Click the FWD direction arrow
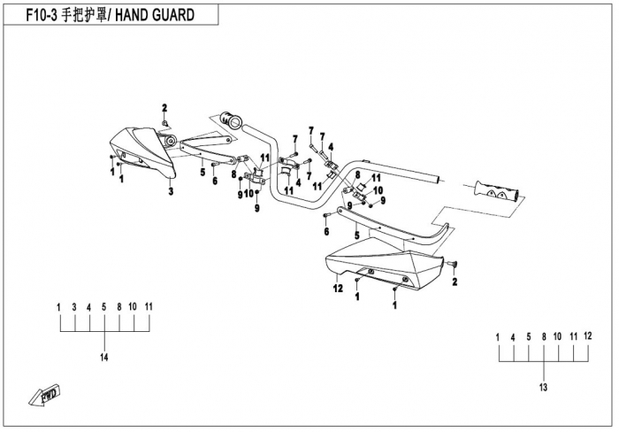pyautogui.click(x=45, y=396)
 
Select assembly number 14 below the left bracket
pyautogui.click(x=104, y=357)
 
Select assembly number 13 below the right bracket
pyautogui.click(x=543, y=388)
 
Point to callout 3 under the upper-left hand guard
pyautogui.click(x=171, y=191)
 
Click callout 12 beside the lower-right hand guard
pyautogui.click(x=338, y=287)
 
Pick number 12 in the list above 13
pyautogui.click(x=588, y=337)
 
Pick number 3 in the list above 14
pyautogui.click(x=74, y=306)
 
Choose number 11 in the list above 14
pyautogui.click(x=149, y=306)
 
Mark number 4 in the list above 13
pyautogui.click(x=514, y=337)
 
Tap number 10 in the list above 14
pyautogui.click(x=133, y=306)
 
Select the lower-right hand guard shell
pyautogui.click(x=389, y=266)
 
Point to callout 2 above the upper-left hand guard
pyautogui.click(x=164, y=108)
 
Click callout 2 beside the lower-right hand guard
pyautogui.click(x=455, y=282)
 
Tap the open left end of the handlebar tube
pyautogui.click(x=232, y=117)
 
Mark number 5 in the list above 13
pyautogui.click(x=529, y=337)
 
